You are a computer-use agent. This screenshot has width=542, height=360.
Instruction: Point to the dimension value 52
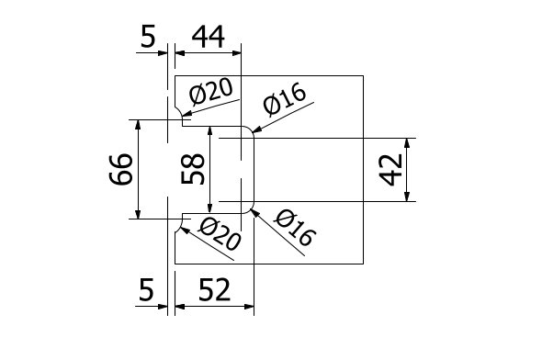[x=214, y=292]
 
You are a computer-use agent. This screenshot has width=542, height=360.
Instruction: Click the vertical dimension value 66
[x=120, y=170]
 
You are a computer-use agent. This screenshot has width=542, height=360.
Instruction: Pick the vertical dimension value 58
[x=192, y=170]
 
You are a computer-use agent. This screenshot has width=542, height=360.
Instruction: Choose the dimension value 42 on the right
[x=393, y=170]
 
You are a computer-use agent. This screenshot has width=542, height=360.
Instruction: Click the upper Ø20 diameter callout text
[x=211, y=93]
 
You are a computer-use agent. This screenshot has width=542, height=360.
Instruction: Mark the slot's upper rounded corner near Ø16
[x=248, y=131]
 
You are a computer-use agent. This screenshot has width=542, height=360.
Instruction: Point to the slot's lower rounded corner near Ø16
[x=248, y=208]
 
